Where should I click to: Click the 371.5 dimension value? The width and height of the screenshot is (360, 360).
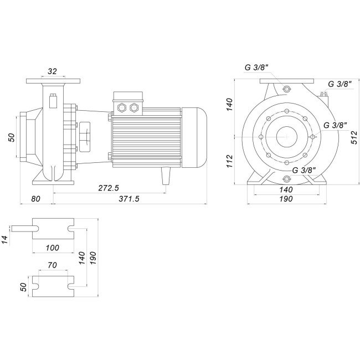click(129, 199)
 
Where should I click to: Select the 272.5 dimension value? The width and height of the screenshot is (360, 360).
click(109, 188)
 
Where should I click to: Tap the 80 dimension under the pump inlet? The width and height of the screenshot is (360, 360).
click(35, 199)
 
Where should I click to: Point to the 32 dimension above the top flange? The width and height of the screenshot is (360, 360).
click(52, 71)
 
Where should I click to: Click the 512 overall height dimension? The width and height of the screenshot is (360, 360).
click(354, 137)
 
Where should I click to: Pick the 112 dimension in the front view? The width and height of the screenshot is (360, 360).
click(230, 161)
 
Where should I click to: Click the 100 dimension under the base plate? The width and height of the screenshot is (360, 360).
click(53, 248)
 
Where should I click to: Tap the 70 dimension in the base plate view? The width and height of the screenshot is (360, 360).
click(53, 265)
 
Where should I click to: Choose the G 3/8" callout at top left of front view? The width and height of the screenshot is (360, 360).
click(256, 68)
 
